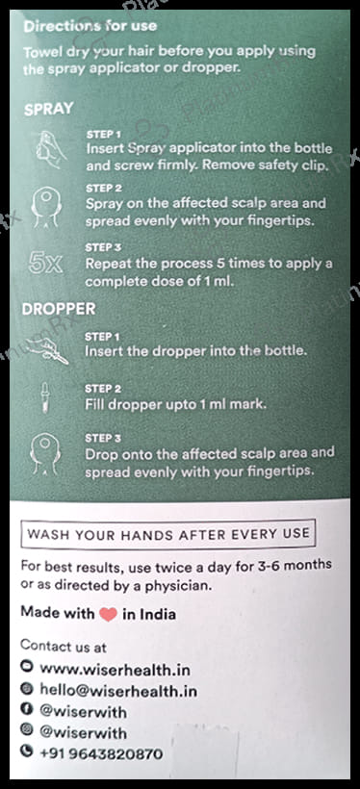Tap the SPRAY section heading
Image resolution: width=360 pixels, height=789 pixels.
tap(48, 110)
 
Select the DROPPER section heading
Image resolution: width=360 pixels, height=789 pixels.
tap(60, 311)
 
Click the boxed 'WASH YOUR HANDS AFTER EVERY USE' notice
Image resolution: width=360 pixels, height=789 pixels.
tap(168, 533)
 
